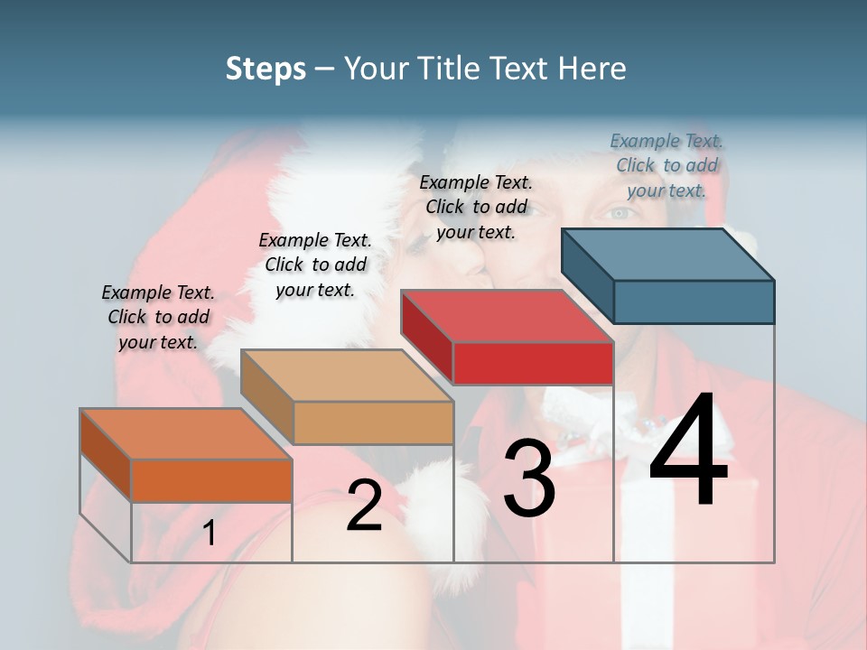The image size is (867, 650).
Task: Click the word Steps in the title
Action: pos(266,69)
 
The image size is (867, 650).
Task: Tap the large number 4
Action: pos(688,450)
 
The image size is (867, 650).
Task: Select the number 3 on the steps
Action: pos(529,478)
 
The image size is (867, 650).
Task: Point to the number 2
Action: pos(364,506)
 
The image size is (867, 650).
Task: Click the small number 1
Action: pos(210,534)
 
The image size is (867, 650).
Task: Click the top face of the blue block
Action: pos(668,254)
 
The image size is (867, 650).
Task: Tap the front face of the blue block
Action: pos(694,302)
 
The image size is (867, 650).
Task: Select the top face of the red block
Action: pos(507,316)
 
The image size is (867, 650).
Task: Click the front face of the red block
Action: pos(533,363)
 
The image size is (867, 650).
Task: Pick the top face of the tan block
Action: pos(347,375)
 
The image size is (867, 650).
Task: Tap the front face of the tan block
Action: pos(373,422)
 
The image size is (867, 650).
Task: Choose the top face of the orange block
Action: pos(186,433)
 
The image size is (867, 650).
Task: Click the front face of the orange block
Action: pos(211,480)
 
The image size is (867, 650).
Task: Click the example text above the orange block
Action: pos(158,317)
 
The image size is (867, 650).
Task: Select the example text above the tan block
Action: pos(315,265)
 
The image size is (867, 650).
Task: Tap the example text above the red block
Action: pos(476,207)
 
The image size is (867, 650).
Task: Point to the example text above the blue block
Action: pos(667,165)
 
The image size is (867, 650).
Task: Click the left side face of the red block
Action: pos(427,337)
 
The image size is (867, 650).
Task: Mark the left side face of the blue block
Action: pos(588,275)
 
